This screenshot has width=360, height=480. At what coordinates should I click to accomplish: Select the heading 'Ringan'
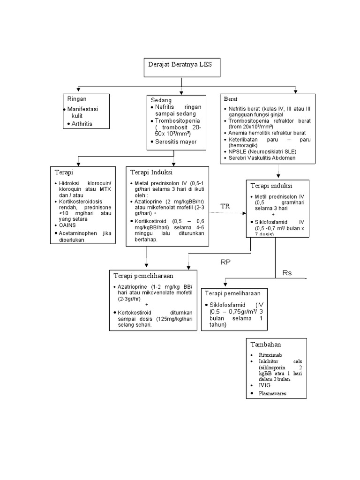coord(77,99)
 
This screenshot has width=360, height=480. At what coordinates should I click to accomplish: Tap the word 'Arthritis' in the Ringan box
coord(82,124)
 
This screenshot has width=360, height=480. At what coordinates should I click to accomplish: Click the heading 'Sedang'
coord(161,100)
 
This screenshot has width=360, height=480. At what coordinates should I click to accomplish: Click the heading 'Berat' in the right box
coord(230,99)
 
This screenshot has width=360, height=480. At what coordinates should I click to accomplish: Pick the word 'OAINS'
coord(67,225)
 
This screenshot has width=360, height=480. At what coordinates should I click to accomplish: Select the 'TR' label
coord(226,206)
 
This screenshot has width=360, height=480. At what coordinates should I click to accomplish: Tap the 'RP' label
coord(226,262)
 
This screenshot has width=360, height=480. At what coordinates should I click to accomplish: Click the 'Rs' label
coord(287,273)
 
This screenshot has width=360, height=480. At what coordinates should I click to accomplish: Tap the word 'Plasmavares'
coord(272,393)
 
